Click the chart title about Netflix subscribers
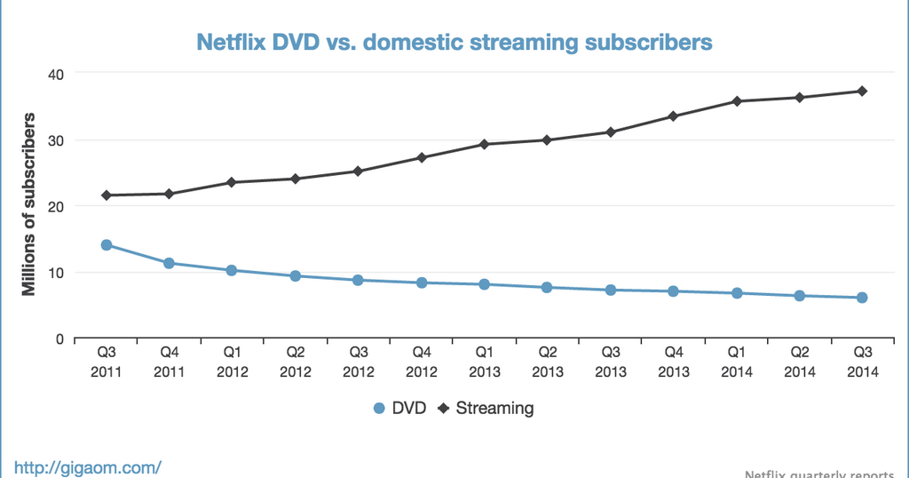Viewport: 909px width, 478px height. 454,42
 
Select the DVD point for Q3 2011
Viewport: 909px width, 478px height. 107,244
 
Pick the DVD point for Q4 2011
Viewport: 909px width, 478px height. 169,263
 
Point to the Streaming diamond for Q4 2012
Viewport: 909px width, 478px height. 422,157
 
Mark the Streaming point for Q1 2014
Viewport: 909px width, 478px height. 737,101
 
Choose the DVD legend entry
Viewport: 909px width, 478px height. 399,409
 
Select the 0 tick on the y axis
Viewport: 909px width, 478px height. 59,339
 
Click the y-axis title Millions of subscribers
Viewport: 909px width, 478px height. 29,204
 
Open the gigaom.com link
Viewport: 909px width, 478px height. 87,466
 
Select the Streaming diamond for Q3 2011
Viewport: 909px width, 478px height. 107,195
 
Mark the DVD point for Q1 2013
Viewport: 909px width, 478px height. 485,284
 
